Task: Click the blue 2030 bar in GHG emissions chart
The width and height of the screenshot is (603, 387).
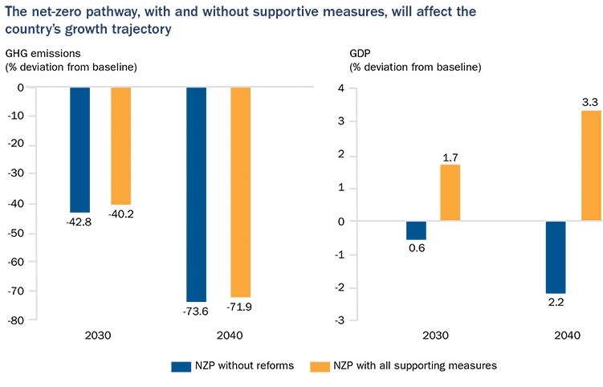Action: [79, 149]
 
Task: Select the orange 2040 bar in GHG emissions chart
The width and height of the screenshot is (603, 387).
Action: [240, 192]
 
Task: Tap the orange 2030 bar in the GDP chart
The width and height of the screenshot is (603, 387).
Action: [450, 193]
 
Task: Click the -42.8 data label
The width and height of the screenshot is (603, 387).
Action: [79, 222]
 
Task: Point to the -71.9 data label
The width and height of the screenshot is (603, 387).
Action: [240, 308]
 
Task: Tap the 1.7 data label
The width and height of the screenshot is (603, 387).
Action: [450, 156]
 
